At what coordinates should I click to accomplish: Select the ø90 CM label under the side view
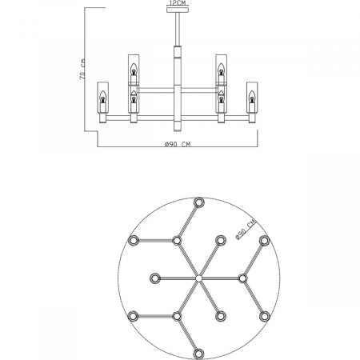[176, 144]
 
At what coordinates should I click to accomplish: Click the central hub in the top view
[198, 278]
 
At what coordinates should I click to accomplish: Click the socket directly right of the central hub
[242, 278]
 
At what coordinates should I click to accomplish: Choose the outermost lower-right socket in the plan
[265, 317]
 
